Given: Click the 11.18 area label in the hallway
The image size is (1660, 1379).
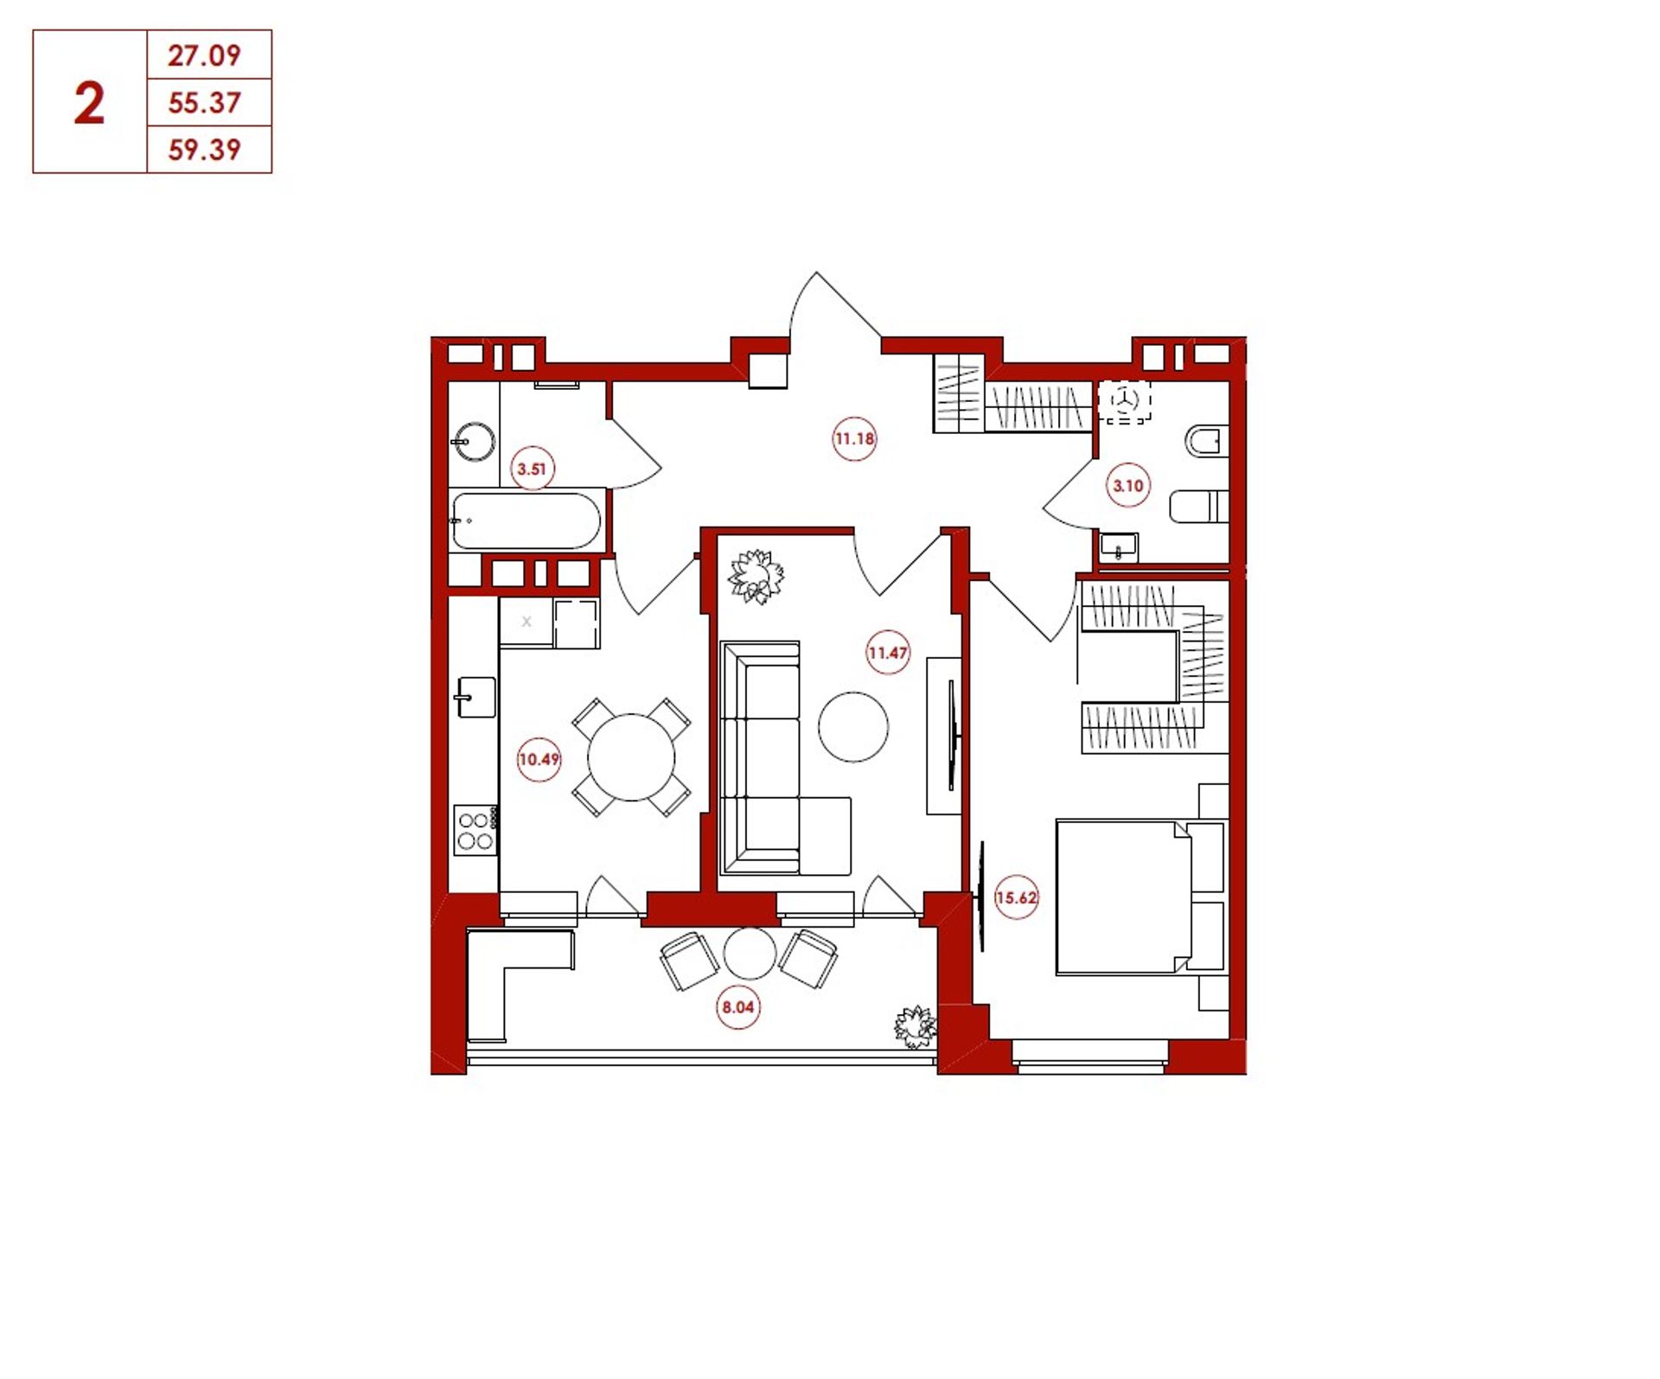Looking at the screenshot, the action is (x=854, y=439).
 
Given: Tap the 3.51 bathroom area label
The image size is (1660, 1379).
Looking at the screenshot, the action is (x=532, y=469).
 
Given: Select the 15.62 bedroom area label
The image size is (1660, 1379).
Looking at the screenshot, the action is (x=1016, y=897).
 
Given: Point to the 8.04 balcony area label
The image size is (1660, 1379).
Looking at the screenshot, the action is (x=738, y=1007).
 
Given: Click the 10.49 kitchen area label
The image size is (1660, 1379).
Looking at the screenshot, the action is (x=539, y=760).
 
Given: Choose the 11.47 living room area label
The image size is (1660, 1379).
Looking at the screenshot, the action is (x=888, y=653).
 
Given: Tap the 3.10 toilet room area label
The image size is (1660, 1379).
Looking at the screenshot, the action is (x=1128, y=486).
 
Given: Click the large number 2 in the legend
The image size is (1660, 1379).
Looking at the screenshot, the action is (x=89, y=105).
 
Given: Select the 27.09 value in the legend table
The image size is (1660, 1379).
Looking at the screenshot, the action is (x=204, y=56).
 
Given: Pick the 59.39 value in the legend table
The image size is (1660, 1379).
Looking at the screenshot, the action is (x=204, y=150).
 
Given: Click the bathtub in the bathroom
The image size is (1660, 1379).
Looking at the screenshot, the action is (x=526, y=520).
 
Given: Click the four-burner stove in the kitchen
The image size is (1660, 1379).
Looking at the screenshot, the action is (x=476, y=830).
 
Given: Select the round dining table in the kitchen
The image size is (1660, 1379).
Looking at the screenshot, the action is (x=631, y=757).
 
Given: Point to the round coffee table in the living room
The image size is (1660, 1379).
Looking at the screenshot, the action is (x=853, y=727).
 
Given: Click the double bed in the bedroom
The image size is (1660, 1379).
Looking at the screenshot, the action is (x=1140, y=897).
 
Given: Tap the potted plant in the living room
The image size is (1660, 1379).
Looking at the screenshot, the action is (x=757, y=577).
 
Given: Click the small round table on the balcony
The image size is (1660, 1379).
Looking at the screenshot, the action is (x=750, y=954).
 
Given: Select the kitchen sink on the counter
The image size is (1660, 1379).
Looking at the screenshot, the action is (x=476, y=697).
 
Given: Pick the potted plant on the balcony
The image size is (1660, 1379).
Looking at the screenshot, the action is (x=915, y=1027).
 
